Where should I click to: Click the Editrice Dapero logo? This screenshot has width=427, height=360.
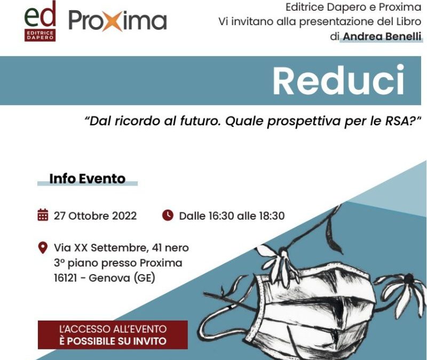(40, 21)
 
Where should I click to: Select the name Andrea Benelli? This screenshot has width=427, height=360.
(382, 36)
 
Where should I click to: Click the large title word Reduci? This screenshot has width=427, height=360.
(338, 80)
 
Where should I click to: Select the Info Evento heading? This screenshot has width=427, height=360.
(88, 179)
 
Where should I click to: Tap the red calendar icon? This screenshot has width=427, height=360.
(43, 215)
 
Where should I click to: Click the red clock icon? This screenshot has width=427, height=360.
(168, 215)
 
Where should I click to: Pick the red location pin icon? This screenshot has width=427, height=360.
(43, 247)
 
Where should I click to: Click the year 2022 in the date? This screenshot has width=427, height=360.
(124, 216)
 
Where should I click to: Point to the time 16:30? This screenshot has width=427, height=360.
(221, 216)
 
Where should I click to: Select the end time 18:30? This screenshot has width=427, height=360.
(272, 216)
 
